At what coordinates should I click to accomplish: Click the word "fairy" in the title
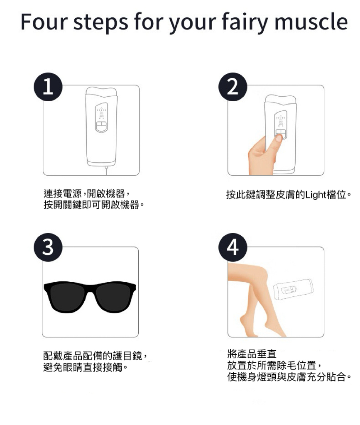click(x=245, y=22)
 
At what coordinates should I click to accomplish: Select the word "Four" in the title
click(x=44, y=22)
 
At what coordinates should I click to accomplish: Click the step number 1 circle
click(x=48, y=87)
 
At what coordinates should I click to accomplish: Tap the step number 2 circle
click(x=233, y=87)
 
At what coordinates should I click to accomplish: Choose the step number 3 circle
click(x=48, y=247)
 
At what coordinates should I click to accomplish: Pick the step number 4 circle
click(x=233, y=247)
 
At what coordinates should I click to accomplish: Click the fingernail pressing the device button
click(x=279, y=138)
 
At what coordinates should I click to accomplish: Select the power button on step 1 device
click(x=101, y=126)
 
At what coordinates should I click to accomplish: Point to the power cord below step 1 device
click(x=106, y=171)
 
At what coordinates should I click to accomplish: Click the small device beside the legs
click(x=293, y=289)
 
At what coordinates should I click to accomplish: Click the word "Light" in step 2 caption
click(x=316, y=195)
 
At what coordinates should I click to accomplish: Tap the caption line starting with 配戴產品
click(x=96, y=355)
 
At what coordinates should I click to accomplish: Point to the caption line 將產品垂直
click(x=252, y=354)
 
